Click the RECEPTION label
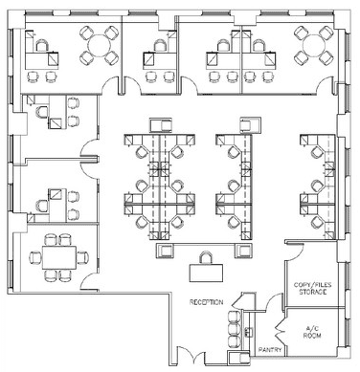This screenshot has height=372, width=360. (x=206, y=302)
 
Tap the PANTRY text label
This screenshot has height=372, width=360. (x=270, y=350)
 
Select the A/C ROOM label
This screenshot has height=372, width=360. (x=312, y=332)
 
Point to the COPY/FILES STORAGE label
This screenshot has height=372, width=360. (x=313, y=289)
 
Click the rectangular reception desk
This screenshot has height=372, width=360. (x=206, y=273)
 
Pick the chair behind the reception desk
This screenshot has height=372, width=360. (x=206, y=257)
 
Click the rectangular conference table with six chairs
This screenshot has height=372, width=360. (x=59, y=257)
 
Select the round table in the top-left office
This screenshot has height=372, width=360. (x=99, y=46)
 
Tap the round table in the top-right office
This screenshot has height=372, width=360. (x=314, y=46)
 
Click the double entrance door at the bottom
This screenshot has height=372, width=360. (x=191, y=357)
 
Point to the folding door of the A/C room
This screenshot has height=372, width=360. (x=280, y=328)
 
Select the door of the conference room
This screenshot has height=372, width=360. (x=89, y=282)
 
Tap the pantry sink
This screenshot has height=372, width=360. (x=248, y=332)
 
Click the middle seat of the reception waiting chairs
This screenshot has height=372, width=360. (x=235, y=329)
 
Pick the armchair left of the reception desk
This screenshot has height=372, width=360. (x=166, y=251)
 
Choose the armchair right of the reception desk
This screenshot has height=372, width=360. (x=244, y=251)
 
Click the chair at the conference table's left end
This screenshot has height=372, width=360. (x=35, y=257)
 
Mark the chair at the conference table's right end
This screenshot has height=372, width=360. (x=82, y=257)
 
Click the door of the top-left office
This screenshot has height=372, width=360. (x=110, y=85)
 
